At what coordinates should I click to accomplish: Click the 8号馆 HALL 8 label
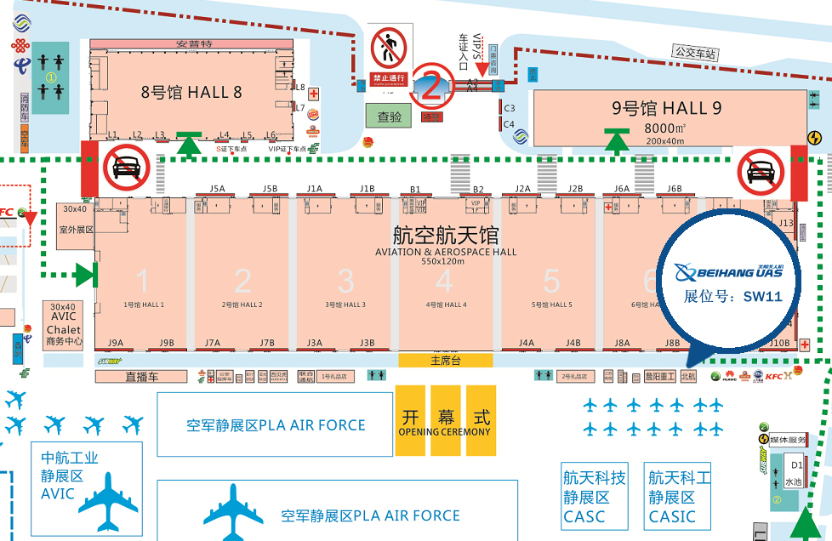185,92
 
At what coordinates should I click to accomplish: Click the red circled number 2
432,84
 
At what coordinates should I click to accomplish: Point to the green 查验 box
389,115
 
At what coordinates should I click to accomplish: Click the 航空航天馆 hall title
445,235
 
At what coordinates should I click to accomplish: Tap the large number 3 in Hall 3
345,281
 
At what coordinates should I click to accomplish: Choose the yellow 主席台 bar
445,360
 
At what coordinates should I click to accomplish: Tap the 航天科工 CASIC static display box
679,497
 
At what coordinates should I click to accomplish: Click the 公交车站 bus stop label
695,53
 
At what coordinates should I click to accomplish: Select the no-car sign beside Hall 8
127,167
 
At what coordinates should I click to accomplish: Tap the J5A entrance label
217,189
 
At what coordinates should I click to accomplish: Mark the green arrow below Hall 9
617,140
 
